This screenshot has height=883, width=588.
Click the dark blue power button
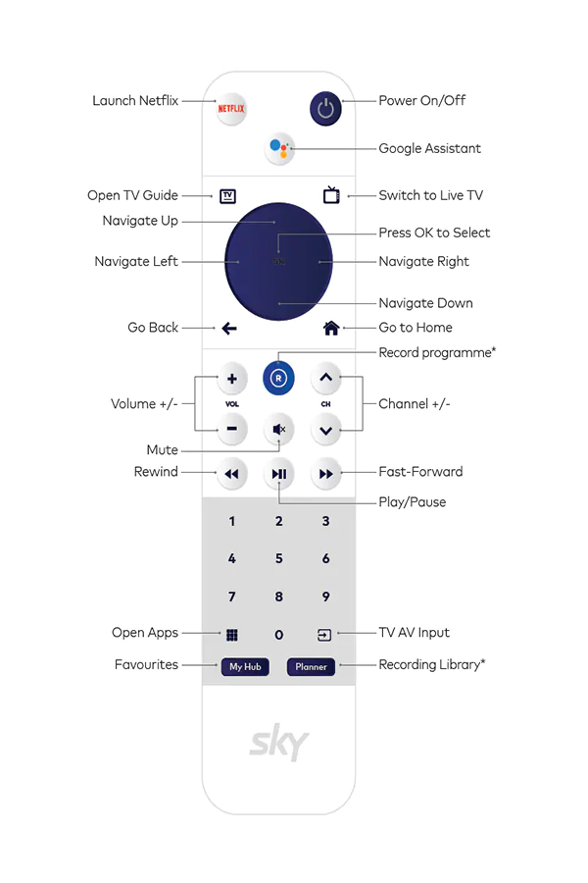click(325, 108)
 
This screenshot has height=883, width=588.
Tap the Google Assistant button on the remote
click(279, 148)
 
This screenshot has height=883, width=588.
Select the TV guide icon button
click(227, 196)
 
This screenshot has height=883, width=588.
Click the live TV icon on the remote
click(331, 195)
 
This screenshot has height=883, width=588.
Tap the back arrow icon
click(229, 328)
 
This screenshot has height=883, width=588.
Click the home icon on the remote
click(331, 328)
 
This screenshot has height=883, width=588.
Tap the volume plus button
click(232, 379)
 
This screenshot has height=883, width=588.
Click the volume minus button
click(232, 429)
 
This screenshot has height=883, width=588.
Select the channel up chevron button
click(325, 378)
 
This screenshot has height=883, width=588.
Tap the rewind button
click(232, 474)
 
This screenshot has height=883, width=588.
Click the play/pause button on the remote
click(279, 474)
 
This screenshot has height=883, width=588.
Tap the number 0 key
click(279, 635)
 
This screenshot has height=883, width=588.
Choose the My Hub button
click(245, 667)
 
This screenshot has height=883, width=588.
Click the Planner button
click(312, 667)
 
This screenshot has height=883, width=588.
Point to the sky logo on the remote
click(279, 743)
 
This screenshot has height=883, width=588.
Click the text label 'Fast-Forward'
click(420, 471)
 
